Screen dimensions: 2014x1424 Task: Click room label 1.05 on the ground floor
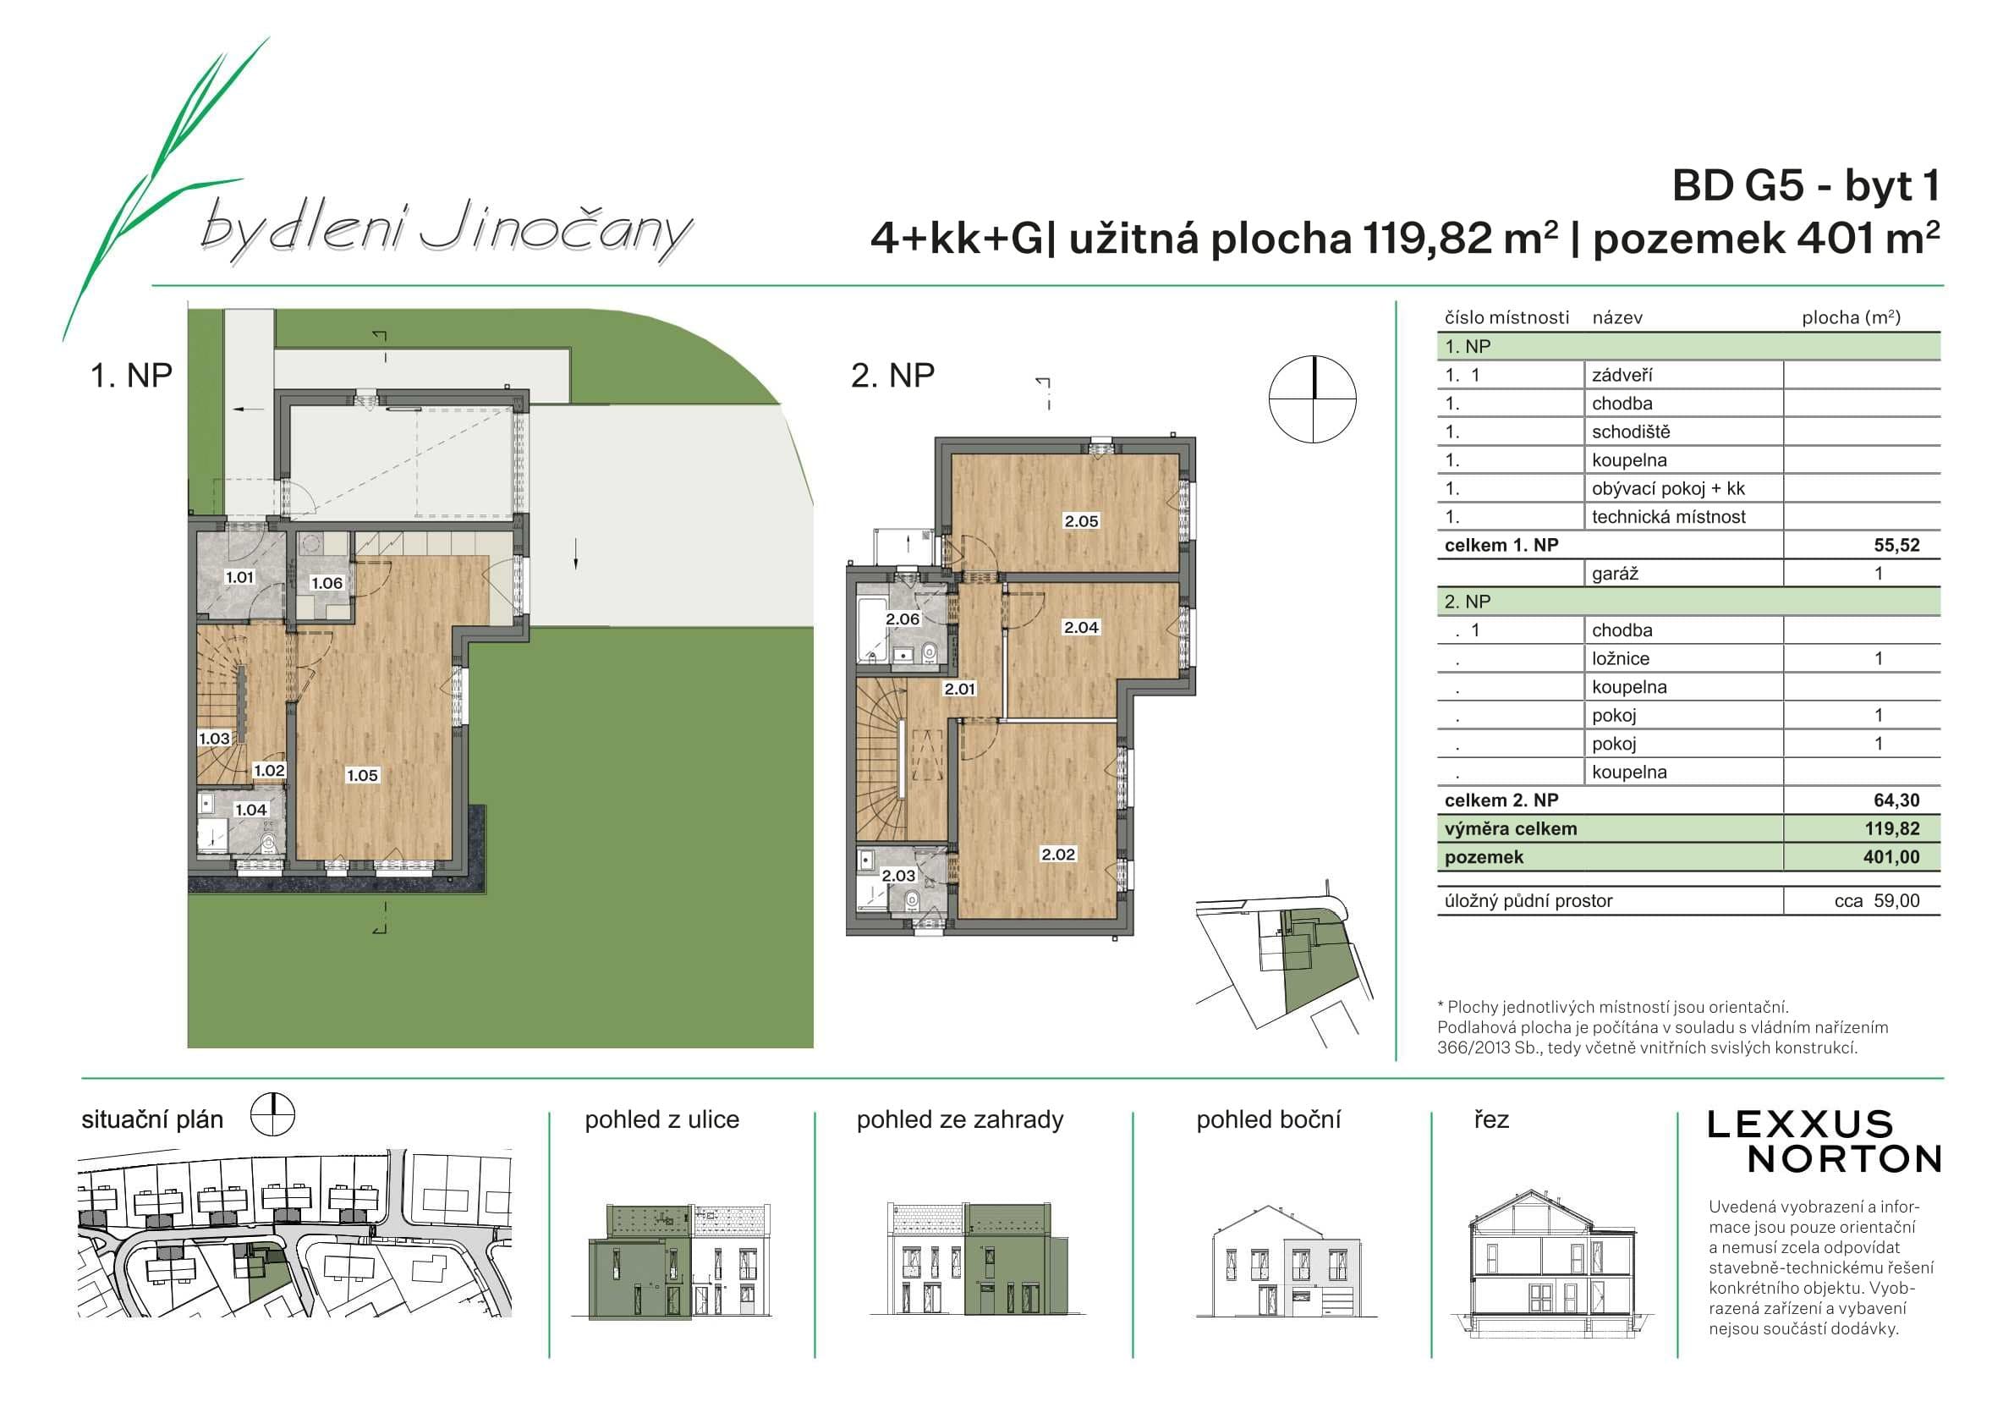(362, 776)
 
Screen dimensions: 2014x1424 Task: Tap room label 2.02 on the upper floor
(1058, 855)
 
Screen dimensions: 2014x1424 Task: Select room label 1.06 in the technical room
(327, 584)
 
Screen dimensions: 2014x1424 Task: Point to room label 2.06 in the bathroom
(903, 619)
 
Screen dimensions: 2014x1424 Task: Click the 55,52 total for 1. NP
(1896, 545)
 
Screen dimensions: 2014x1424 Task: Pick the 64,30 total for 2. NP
(1896, 800)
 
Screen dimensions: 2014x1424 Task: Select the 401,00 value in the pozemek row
(1891, 857)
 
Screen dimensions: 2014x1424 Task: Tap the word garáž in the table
(1615, 575)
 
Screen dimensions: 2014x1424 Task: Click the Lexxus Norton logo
(1824, 1141)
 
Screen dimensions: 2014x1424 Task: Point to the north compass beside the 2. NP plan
(1312, 399)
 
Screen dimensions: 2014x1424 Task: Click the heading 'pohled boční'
(1269, 1119)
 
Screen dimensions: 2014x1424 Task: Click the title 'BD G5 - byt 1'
(1806, 186)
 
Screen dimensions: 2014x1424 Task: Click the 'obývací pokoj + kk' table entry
(1668, 489)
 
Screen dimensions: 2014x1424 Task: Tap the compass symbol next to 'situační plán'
(273, 1116)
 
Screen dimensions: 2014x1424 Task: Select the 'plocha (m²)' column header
(1851, 317)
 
